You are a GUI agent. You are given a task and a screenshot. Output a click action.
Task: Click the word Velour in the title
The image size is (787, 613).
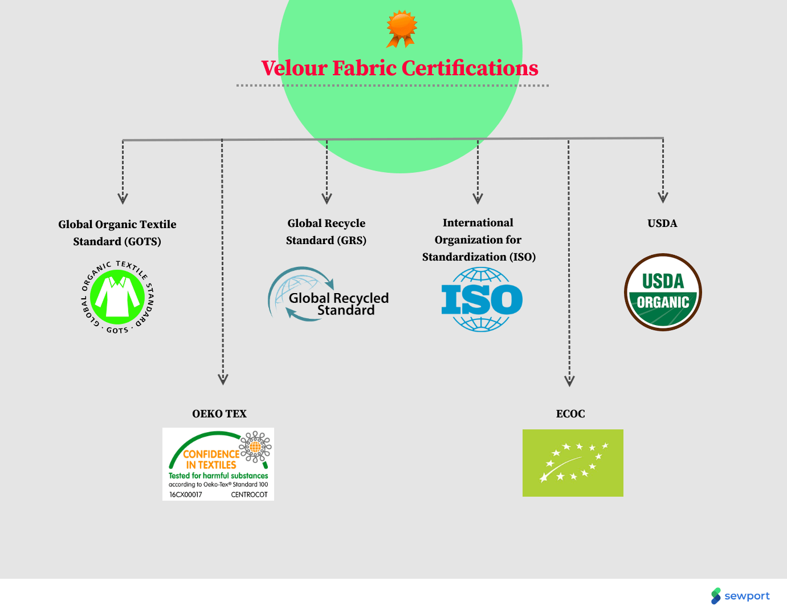294,68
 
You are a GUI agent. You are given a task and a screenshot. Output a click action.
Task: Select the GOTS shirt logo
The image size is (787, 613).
118,297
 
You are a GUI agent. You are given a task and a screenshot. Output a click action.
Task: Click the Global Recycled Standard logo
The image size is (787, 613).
329,295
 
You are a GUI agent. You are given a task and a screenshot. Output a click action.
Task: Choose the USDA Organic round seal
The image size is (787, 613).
663,293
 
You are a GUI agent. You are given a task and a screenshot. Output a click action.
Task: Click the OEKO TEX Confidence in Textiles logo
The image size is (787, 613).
218,464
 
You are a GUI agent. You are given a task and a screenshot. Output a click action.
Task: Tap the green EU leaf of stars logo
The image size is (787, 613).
573,463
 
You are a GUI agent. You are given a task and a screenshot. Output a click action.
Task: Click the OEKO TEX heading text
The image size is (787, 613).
219,414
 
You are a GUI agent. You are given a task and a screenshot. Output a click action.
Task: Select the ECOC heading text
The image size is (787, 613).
570,414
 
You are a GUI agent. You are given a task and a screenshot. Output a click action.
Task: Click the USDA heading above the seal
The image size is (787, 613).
662,224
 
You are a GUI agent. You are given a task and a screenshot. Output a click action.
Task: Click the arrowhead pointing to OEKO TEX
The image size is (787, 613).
223,379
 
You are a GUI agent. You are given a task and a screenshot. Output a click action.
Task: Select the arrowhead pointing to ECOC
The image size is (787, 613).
569,381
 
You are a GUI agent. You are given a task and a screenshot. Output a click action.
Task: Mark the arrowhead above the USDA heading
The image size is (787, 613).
663,197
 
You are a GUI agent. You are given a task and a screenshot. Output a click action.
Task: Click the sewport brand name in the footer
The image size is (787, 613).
747,596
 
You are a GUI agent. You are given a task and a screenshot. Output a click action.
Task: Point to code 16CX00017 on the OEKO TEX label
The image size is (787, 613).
186,494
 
